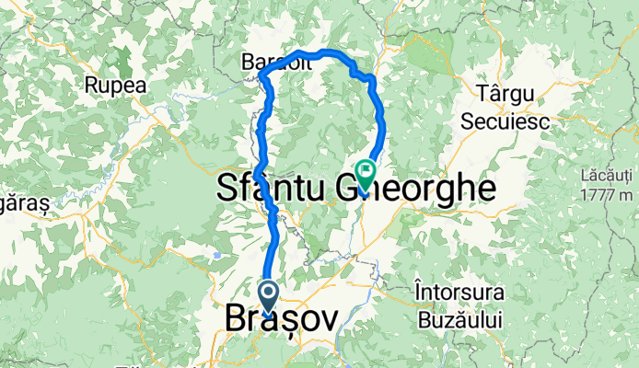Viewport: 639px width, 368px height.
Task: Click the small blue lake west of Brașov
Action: click(x=215, y=256)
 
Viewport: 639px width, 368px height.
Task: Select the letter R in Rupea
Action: click(x=91, y=85)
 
